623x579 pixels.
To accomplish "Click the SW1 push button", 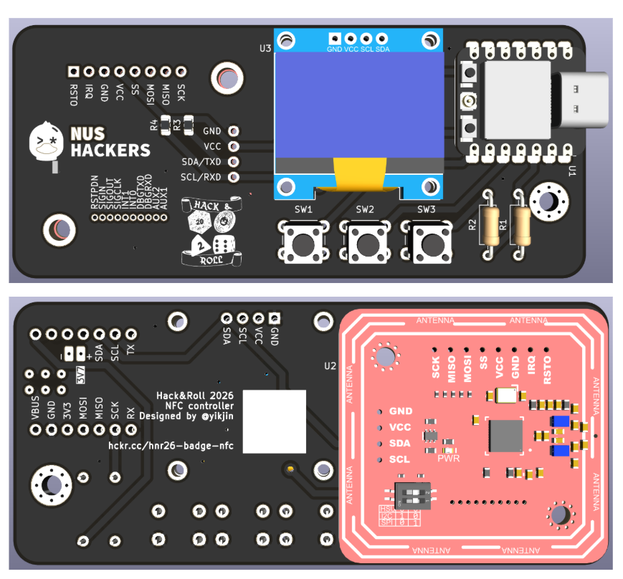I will click(303, 244).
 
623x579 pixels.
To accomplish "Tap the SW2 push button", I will click(365, 244).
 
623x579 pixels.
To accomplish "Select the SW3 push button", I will click(427, 244).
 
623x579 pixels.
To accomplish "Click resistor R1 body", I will click(520, 224).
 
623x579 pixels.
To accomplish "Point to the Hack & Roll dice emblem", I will click(213, 234).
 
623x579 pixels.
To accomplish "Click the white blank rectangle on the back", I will click(274, 421).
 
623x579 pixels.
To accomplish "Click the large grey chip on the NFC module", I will click(506, 436).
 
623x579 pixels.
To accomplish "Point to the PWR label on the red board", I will click(448, 457).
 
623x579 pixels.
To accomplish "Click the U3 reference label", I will click(265, 49).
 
